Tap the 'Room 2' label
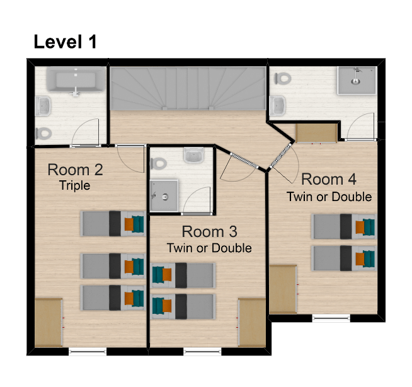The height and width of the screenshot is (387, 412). (75, 170)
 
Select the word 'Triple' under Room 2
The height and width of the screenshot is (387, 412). (75, 185)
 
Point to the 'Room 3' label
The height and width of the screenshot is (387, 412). (209, 231)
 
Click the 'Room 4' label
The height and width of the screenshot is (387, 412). (328, 180)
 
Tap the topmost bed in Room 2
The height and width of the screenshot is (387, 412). (113, 223)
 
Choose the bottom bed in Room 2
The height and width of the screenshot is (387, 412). (113, 297)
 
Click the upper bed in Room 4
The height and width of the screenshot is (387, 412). (344, 226)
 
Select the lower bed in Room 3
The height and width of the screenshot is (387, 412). (183, 306)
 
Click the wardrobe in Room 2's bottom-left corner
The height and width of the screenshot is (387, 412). (48, 323)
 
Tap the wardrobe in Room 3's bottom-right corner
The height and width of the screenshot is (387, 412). (252, 323)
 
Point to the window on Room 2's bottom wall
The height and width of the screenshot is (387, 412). (87, 352)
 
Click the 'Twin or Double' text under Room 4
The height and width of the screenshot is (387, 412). (329, 197)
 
